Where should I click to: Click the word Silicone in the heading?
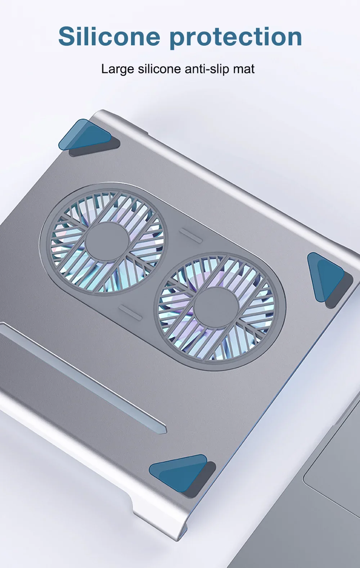pyautogui.click(x=109, y=36)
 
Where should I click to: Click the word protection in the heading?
pyautogui.click(x=236, y=37)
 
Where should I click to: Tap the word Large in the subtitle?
pyautogui.click(x=118, y=69)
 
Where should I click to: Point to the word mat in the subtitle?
pyautogui.click(x=244, y=69)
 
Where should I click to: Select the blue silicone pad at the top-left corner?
pyautogui.click(x=85, y=135)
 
